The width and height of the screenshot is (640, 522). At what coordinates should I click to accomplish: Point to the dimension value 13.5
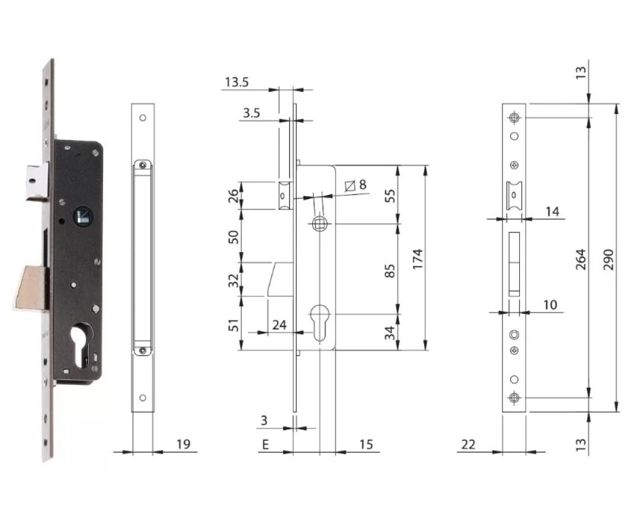click(237, 82)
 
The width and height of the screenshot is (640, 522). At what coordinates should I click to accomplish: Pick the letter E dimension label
click(265, 444)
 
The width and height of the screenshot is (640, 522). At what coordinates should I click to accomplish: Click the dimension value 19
click(184, 444)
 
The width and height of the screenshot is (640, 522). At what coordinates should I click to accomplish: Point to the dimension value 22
click(468, 444)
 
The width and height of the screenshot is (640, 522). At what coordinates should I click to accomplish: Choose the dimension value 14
click(551, 211)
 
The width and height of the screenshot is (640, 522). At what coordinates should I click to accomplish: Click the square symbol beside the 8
click(350, 186)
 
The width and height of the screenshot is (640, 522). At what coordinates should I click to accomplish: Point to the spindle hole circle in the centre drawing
click(319, 224)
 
